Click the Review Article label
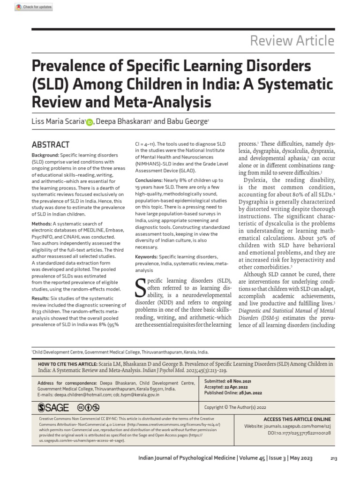[292, 41]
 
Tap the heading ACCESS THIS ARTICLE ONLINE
[297, 419]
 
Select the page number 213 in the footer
[334, 458]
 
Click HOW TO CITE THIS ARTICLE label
[66, 363]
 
